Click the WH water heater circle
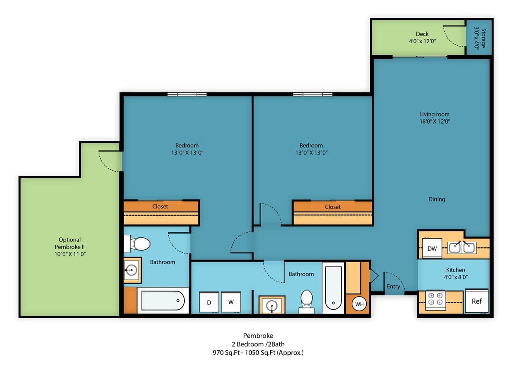coord(359,304)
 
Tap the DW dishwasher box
coord(432,248)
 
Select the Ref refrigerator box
coord(477,301)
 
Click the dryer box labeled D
coord(209,302)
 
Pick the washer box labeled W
coord(231,302)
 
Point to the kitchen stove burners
coord(435,299)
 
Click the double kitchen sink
coord(462,247)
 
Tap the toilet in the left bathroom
coord(137,243)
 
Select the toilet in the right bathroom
coord(307,301)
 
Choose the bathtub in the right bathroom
coord(333,288)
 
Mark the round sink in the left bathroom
coord(131,270)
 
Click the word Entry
coord(393,286)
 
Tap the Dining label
coord(437,199)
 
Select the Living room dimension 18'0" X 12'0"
coord(435,122)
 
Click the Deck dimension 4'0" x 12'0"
coord(422,41)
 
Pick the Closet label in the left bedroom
coord(160,206)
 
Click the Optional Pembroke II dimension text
coord(70,254)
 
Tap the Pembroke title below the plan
coord(258,336)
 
